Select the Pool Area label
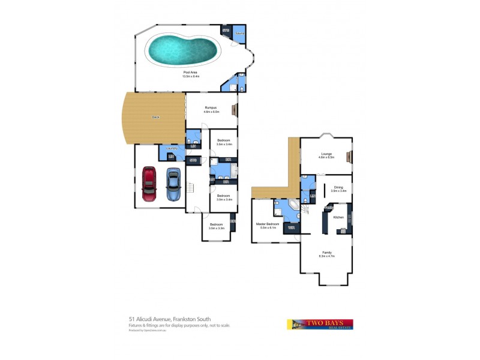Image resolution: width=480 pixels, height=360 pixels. [191, 73]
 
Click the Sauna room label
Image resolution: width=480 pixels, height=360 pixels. [239, 32]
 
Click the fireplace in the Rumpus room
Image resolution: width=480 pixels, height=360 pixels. [236, 110]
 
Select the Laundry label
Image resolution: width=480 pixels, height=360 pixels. [171, 148]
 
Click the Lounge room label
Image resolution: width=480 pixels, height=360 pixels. [326, 154]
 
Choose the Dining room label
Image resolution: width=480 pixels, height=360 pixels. [339, 187]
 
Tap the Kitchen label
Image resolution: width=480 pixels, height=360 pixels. [338, 217]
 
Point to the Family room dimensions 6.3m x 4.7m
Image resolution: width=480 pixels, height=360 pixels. [327, 256]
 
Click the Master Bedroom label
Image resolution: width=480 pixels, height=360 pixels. [264, 224]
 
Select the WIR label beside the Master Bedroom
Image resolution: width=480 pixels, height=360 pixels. [291, 228]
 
